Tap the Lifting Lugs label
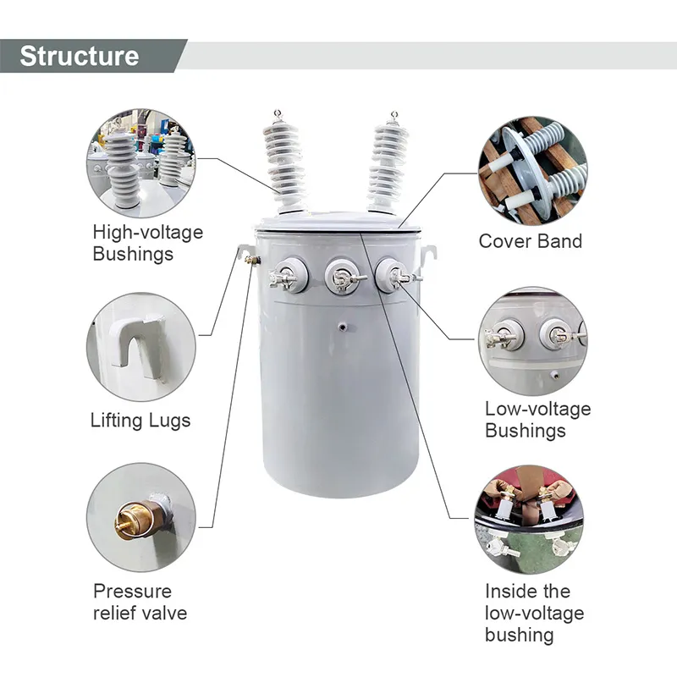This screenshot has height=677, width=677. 140,420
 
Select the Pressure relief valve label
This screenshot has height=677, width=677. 140,602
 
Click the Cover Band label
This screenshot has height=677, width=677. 531,241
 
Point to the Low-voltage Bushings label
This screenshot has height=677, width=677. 537,420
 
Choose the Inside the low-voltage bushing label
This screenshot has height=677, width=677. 534,613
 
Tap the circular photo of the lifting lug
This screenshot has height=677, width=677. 140,347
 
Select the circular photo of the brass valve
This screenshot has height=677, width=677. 140,517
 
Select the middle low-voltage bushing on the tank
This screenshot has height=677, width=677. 342,276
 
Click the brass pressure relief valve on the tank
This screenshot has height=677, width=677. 250,261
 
